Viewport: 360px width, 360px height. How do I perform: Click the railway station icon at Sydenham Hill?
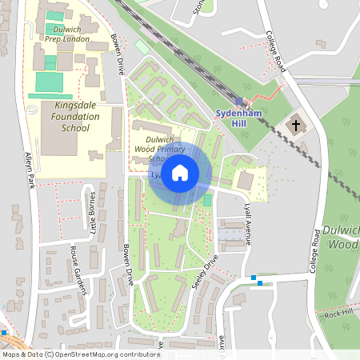pyautogui.click(x=240, y=102)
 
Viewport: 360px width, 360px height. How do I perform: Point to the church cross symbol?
pyautogui.click(x=296, y=126)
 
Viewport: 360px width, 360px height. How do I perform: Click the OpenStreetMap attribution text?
pyautogui.click(x=70, y=354)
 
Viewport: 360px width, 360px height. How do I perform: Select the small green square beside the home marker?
pyautogui.click(x=208, y=199)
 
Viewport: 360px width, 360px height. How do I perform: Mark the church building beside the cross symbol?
pyautogui.click(x=301, y=126)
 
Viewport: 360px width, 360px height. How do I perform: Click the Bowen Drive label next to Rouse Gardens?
pyautogui.click(x=127, y=266)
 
